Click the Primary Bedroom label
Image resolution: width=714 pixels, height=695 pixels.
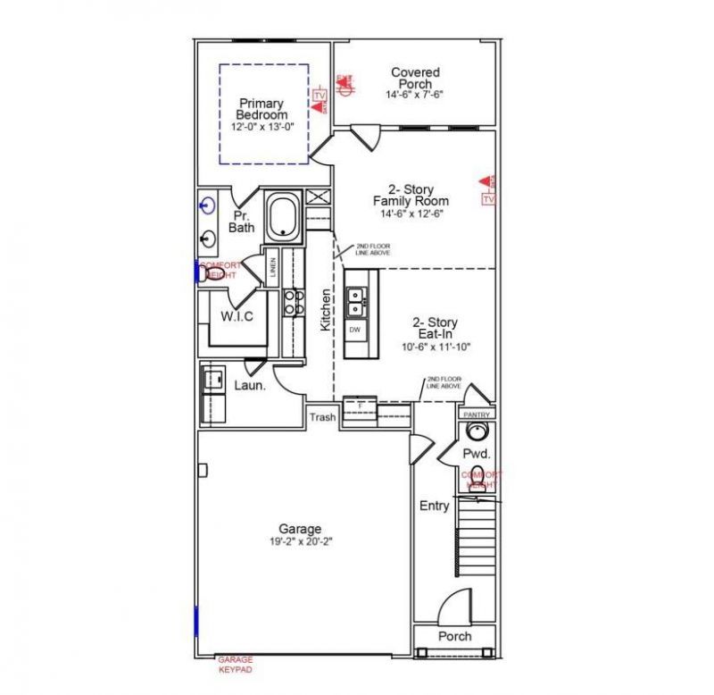[262, 109]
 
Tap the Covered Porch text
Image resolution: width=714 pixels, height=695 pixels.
[414, 78]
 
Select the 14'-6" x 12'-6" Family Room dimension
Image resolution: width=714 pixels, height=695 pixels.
[411, 214]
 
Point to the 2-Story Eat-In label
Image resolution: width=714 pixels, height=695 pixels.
[435, 328]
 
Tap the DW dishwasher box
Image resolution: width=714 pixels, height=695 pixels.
[354, 330]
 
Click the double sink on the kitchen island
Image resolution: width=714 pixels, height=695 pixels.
[355, 300]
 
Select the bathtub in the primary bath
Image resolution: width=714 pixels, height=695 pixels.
[283, 216]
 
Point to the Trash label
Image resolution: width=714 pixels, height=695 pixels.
[322, 417]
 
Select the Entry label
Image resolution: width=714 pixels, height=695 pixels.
[434, 506]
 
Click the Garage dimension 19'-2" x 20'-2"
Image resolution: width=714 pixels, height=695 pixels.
[299, 541]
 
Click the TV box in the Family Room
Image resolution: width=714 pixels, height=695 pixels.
[487, 200]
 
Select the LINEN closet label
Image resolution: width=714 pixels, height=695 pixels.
[272, 264]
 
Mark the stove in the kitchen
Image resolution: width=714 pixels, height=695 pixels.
[292, 302]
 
